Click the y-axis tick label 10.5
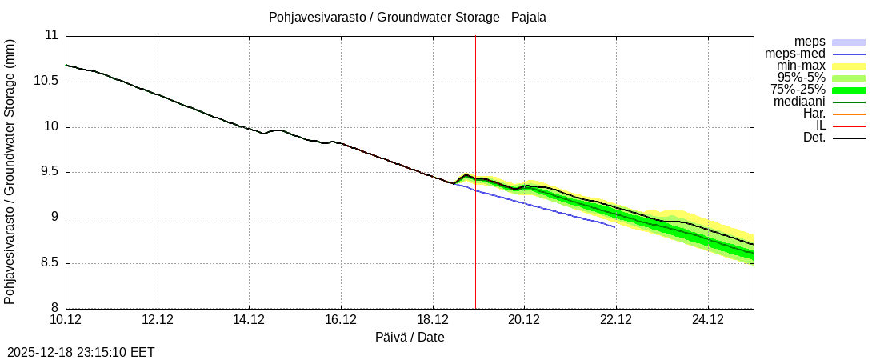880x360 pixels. point(45,81)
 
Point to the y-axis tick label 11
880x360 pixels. point(51,35)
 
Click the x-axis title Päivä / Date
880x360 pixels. point(410,338)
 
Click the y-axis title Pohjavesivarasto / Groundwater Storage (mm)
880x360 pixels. point(10,172)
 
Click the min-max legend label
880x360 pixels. point(801,66)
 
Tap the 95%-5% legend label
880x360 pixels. point(801,78)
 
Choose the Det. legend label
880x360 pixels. point(814,138)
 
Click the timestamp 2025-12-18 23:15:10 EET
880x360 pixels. point(81,352)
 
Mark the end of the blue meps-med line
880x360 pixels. point(615,227)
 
